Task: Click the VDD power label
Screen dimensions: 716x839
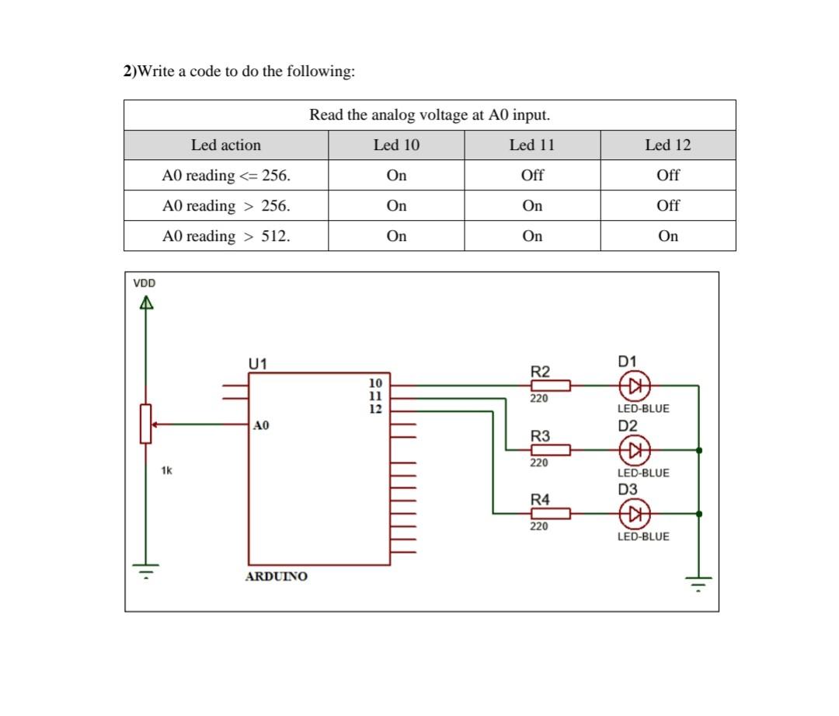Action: click(x=144, y=283)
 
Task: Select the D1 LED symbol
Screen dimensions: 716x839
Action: click(x=634, y=385)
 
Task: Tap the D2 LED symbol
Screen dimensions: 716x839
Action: click(x=634, y=449)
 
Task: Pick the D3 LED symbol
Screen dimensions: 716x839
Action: click(x=634, y=513)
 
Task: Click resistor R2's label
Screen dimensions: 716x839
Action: click(x=540, y=371)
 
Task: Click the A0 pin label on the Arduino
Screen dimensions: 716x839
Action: click(x=261, y=425)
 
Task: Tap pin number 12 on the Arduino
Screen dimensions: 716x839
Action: click(x=375, y=409)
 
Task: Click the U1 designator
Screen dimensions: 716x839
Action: click(x=257, y=363)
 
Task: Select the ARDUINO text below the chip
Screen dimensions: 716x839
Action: click(x=276, y=576)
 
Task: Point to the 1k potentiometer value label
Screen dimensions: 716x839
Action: click(x=166, y=470)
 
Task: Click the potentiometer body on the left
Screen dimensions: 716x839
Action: click(x=145, y=424)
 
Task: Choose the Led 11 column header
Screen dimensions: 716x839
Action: click(x=532, y=145)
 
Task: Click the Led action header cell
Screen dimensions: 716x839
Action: click(x=226, y=145)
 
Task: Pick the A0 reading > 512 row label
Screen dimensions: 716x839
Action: click(x=226, y=236)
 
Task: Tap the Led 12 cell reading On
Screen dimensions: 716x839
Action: click(x=667, y=236)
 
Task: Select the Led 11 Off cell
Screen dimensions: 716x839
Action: click(x=532, y=176)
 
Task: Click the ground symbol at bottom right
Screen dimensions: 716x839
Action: click(x=698, y=582)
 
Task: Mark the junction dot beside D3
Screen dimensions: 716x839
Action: click(x=699, y=513)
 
